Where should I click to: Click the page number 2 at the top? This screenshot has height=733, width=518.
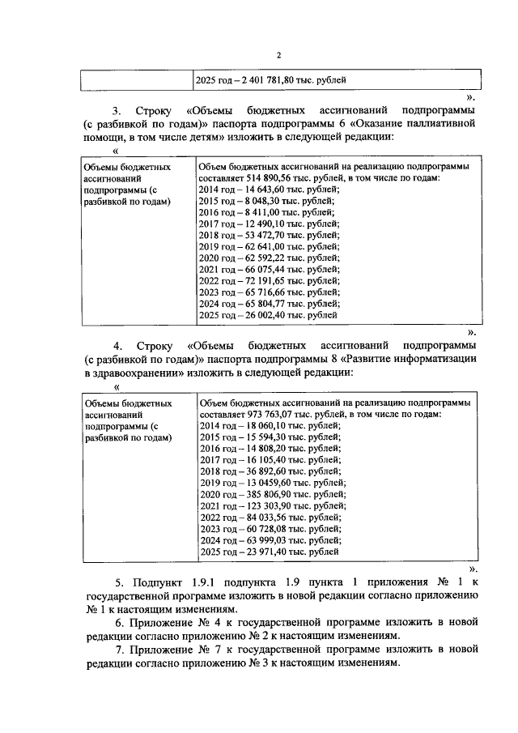click(278, 55)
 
